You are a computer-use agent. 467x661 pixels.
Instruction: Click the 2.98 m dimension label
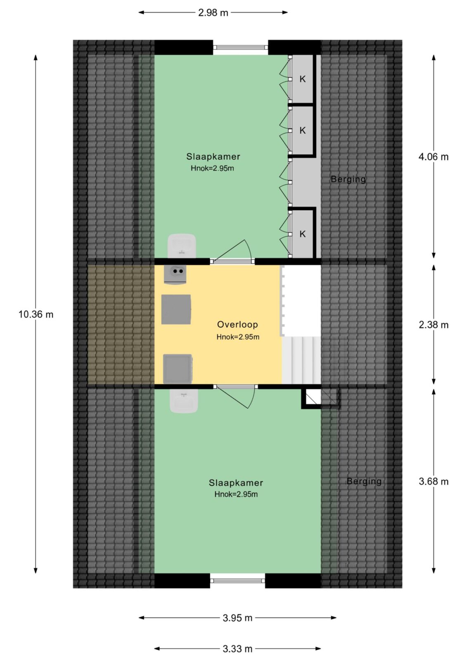click(x=213, y=13)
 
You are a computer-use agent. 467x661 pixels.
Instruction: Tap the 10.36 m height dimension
click(x=36, y=314)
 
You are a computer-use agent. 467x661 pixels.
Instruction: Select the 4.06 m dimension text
click(x=434, y=157)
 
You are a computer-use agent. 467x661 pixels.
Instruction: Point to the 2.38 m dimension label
click(x=434, y=325)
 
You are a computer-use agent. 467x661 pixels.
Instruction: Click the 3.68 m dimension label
click(x=434, y=482)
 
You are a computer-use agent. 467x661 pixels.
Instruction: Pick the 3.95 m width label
click(x=237, y=618)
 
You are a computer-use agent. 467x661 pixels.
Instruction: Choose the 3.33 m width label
click(x=237, y=649)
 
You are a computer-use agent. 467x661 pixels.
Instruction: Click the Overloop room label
click(x=237, y=325)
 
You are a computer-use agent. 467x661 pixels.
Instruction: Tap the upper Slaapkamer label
click(x=213, y=157)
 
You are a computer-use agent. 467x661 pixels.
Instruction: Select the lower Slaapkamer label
click(x=236, y=483)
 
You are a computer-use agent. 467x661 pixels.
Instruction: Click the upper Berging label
click(x=348, y=179)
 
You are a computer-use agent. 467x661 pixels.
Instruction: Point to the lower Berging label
click(x=364, y=481)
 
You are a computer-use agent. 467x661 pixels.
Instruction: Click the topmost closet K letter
click(x=302, y=79)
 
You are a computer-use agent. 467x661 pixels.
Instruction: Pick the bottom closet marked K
click(x=302, y=234)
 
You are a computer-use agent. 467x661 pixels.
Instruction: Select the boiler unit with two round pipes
click(x=175, y=274)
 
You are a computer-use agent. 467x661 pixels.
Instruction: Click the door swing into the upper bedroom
click(x=233, y=251)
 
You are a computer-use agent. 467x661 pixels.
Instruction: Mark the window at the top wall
click(x=240, y=47)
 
